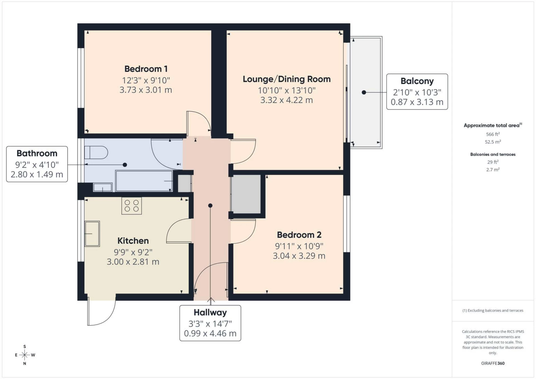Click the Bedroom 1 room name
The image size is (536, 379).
[146, 69]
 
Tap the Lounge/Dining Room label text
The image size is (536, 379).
[286, 79]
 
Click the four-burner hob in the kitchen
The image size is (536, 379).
[131, 206]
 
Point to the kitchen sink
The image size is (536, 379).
[92, 234]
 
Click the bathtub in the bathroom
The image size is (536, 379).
[144, 181]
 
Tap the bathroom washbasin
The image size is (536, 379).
[102, 187]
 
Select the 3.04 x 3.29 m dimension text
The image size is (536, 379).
[299, 256]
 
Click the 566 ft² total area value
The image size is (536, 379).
[492, 134]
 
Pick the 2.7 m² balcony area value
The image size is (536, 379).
[492, 169]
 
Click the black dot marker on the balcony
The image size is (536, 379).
[364, 92]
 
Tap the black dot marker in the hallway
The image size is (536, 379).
[210, 206]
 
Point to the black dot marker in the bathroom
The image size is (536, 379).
[125, 165]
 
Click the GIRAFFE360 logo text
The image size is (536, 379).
[492, 363]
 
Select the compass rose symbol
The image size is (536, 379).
[25, 355]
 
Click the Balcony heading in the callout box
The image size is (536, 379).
[417, 81]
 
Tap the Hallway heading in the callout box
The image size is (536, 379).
[210, 313]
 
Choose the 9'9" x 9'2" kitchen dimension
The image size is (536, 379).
[133, 252]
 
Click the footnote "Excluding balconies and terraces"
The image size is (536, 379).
[492, 310]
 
